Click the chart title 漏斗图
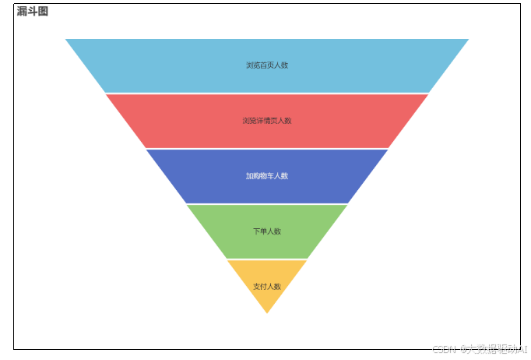click(x=33, y=12)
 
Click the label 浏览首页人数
click(x=267, y=65)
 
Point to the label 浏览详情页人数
click(x=267, y=121)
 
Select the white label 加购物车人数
click(x=267, y=176)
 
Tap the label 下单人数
click(x=267, y=231)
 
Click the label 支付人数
click(x=267, y=287)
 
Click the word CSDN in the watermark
click(x=444, y=350)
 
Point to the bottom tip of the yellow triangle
click(x=267, y=312)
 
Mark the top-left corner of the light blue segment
click(x=66, y=40)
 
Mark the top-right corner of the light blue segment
click(x=467, y=40)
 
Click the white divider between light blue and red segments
click(x=267, y=94)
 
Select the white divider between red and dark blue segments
click(x=267, y=148)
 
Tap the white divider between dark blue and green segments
click(x=267, y=203)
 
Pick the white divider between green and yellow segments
click(x=267, y=259)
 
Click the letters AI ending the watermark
click(x=522, y=350)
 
